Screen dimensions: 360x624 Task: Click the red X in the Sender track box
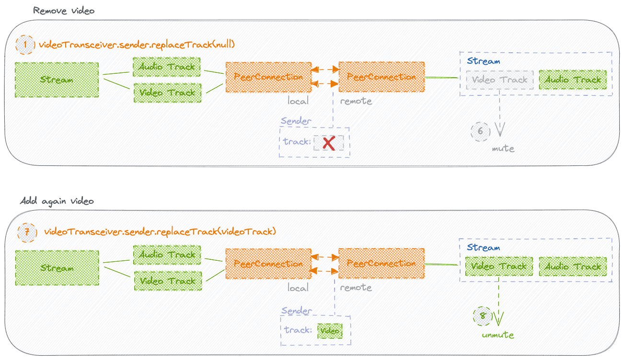click(x=329, y=143)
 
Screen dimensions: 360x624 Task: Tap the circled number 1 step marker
click(x=26, y=45)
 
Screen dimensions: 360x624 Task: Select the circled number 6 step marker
click(x=480, y=131)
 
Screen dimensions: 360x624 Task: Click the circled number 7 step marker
click(x=27, y=232)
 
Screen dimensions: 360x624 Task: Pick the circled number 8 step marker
click(x=483, y=316)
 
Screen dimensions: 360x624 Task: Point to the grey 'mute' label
click(x=503, y=149)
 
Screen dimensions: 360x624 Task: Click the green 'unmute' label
click(x=497, y=335)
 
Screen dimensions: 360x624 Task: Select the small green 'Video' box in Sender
click(x=330, y=331)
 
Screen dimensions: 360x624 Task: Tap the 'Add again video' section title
click(x=57, y=201)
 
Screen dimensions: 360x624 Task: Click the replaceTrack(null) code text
click(x=137, y=45)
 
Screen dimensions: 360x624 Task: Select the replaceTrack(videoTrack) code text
click(x=160, y=232)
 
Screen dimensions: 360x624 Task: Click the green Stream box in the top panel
click(x=57, y=80)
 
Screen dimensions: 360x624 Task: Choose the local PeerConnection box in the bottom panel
click(x=268, y=264)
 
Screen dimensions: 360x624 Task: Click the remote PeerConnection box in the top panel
click(x=381, y=77)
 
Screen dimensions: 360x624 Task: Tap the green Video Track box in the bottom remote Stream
click(x=499, y=267)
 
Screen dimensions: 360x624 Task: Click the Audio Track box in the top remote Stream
click(x=573, y=80)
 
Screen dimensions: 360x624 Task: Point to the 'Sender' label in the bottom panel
click(x=296, y=311)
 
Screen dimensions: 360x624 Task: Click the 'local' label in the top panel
click(x=298, y=101)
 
